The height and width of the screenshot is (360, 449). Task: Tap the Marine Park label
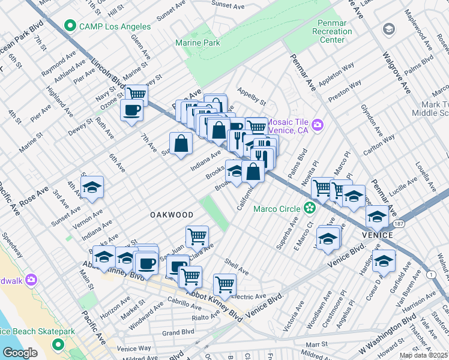pyautogui.click(x=197, y=43)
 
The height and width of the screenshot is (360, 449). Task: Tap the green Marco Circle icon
pyautogui.click(x=310, y=209)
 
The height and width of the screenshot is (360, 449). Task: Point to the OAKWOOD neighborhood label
pyautogui.click(x=172, y=214)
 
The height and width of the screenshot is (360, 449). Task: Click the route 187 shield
pyautogui.click(x=399, y=223)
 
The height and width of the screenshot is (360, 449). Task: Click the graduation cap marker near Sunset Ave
pyautogui.click(x=92, y=187)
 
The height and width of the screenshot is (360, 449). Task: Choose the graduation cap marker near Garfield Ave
pyautogui.click(x=384, y=260)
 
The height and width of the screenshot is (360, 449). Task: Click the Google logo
pyautogui.click(x=20, y=353)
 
